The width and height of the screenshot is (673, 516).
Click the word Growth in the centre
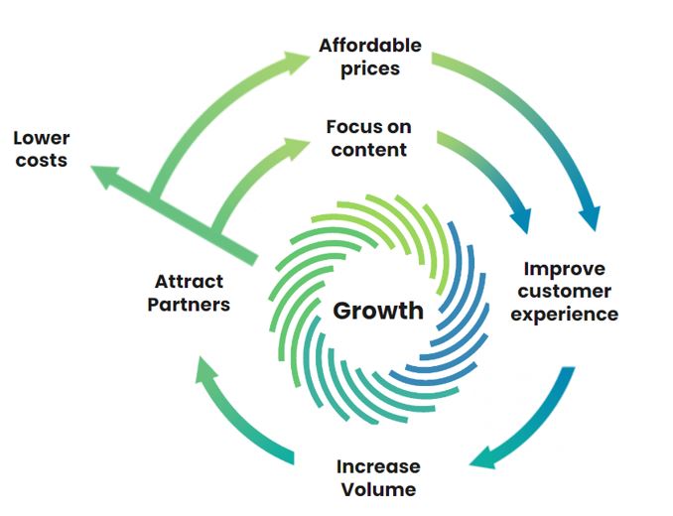pyautogui.click(x=377, y=311)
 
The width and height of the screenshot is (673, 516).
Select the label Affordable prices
pyautogui.click(x=370, y=57)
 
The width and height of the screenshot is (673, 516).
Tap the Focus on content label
pyautogui.click(x=367, y=139)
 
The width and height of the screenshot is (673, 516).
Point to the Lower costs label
pyautogui.click(x=42, y=148)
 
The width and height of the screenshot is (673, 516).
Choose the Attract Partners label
pyautogui.click(x=189, y=293)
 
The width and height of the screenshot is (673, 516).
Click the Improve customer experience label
pyautogui.click(x=571, y=292)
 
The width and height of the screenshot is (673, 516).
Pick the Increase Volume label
pyautogui.click(x=377, y=477)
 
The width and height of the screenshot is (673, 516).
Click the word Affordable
pyautogui.click(x=370, y=46)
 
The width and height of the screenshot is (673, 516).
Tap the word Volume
pyautogui.click(x=377, y=489)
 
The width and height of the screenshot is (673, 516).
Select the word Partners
pyautogui.click(x=189, y=305)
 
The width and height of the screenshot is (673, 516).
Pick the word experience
pyautogui.click(x=571, y=315)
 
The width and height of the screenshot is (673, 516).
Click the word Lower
pyautogui.click(x=42, y=138)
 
